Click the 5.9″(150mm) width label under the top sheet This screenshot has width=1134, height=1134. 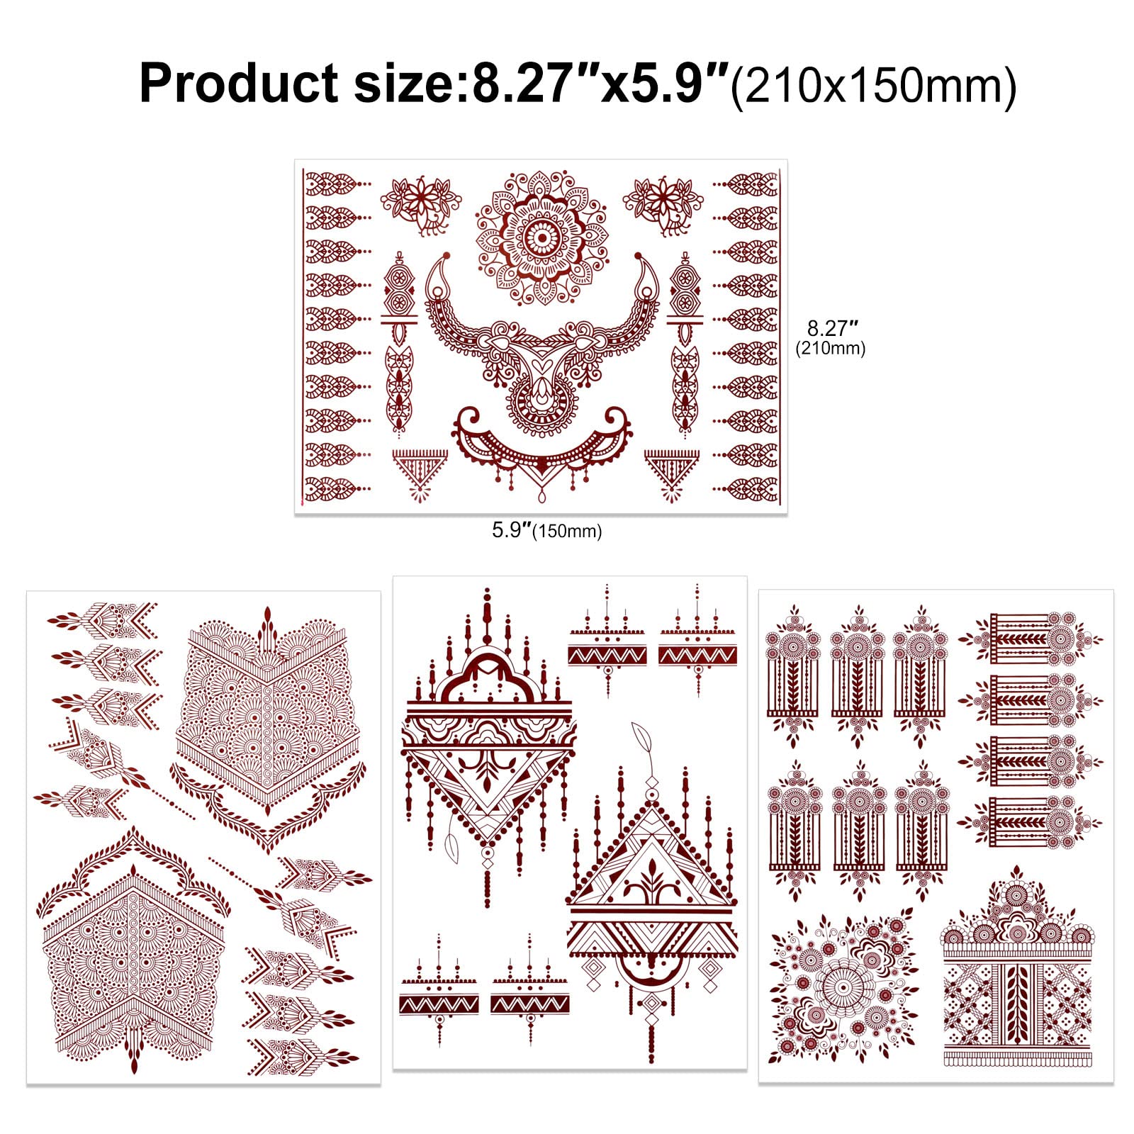(x=546, y=530)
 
